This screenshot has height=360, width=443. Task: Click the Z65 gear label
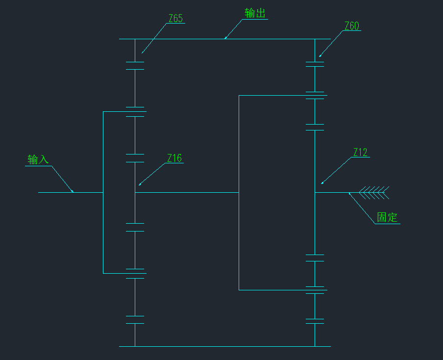[x=175, y=19]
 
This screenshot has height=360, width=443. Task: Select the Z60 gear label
[x=351, y=26]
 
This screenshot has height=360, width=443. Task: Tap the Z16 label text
[x=174, y=158]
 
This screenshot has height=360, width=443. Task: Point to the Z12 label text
[x=360, y=153]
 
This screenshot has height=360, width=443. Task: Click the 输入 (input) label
[x=38, y=159]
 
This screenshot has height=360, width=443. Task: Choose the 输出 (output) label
[x=255, y=13]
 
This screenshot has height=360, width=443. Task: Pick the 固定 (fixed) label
[x=387, y=217]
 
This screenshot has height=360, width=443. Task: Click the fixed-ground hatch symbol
[x=374, y=192]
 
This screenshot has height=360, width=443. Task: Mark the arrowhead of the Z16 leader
[x=140, y=184]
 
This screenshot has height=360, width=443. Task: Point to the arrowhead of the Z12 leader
[x=322, y=183]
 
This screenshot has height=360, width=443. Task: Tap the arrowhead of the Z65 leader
[x=143, y=52]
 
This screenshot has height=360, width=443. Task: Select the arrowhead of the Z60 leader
[x=320, y=56]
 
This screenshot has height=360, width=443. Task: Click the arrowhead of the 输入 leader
[x=73, y=191]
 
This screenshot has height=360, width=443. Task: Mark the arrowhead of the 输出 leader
[x=225, y=38]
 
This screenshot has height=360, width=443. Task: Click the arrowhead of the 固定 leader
[x=350, y=194]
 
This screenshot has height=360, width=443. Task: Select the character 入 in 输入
[x=44, y=159]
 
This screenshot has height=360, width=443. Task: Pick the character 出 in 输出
[x=260, y=13]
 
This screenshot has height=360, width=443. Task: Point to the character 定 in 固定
[x=393, y=217]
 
